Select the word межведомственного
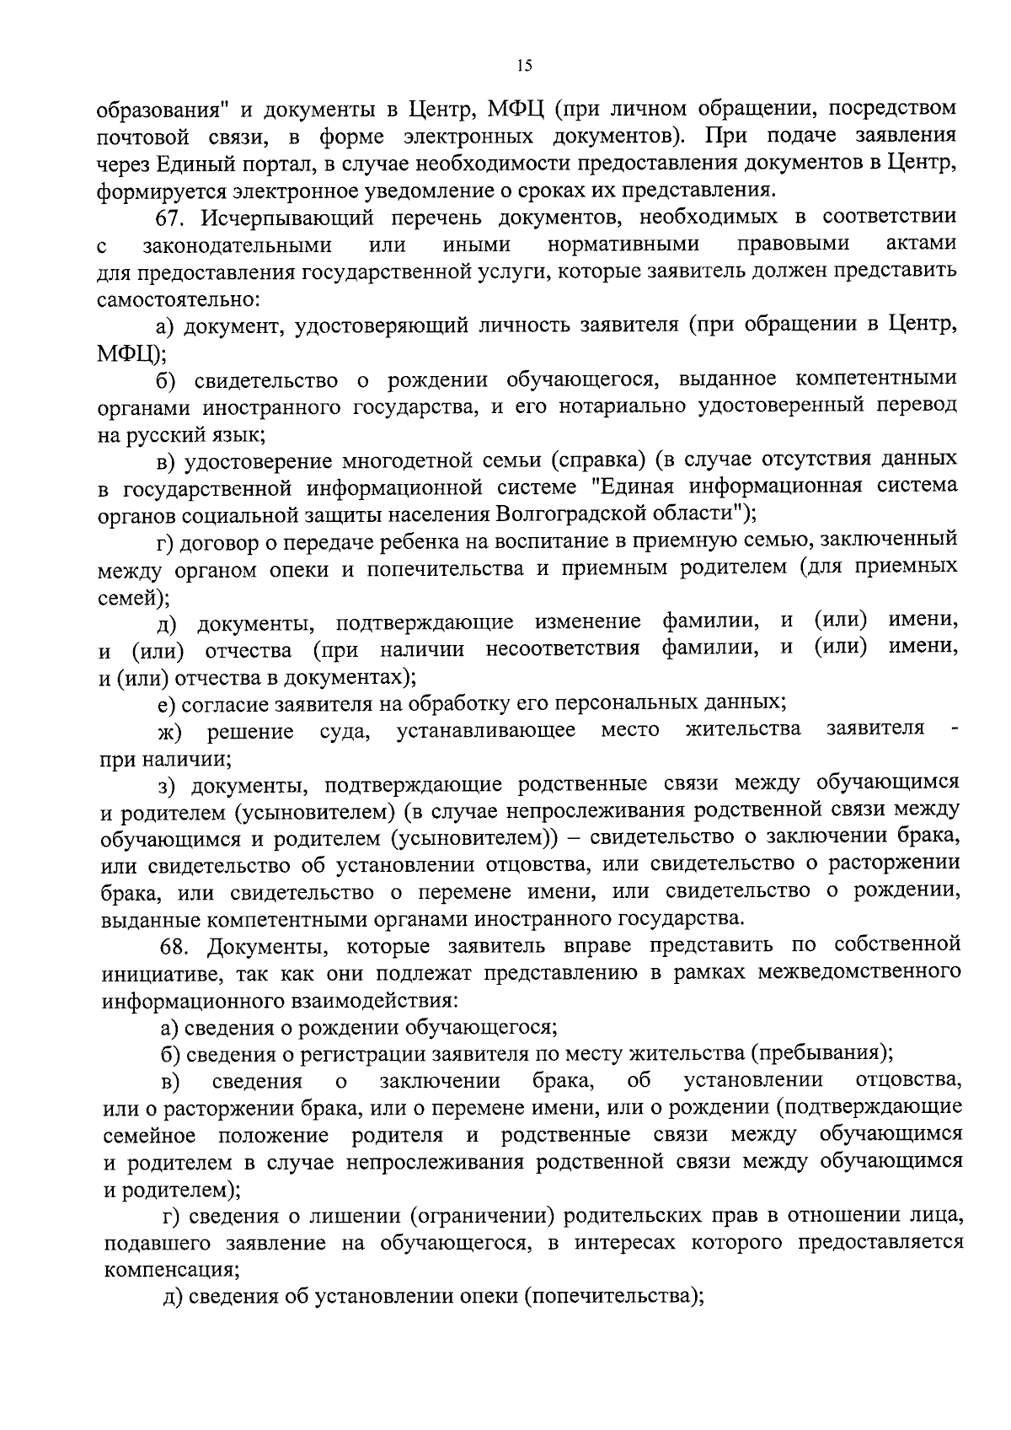859,973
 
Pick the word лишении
361,1216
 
